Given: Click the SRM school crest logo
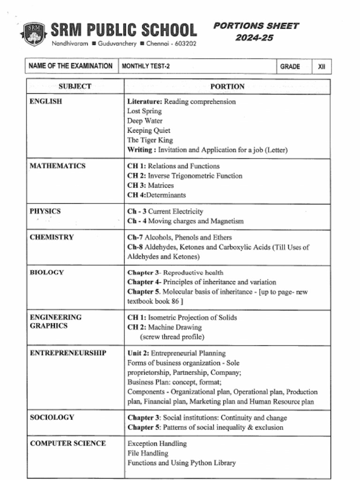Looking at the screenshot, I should point(34,34).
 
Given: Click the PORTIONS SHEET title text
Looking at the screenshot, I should point(256,26).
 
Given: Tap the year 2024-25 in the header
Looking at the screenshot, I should point(254,38).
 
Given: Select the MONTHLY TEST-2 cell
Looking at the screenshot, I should point(145,66).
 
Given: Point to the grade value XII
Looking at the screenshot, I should point(322,67).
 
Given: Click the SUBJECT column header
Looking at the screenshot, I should point(75,86).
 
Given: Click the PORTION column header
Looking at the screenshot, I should point(227,86).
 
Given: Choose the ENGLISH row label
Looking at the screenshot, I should point(46,101).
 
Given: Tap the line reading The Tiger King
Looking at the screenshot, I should point(150,140).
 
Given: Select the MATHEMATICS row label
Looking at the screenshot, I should point(58,166).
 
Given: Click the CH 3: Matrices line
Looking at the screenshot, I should point(150,186).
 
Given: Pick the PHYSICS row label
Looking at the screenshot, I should point(45,211).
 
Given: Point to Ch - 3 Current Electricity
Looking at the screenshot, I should point(165,211).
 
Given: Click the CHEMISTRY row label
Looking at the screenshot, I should point(52,237).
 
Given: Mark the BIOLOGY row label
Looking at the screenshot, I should point(46,272).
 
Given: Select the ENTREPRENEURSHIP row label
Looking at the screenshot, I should point(68,353).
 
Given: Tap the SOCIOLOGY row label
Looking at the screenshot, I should point(52,417).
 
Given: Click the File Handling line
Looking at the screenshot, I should point(147,453).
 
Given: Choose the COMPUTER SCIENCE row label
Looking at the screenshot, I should point(68,443).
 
